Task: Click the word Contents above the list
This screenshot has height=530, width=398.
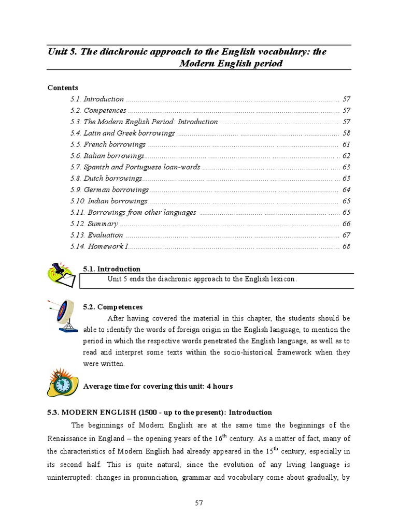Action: [x=63, y=87]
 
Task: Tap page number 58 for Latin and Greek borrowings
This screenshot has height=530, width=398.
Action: [x=346, y=133]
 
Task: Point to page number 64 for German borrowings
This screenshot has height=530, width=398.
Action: [x=346, y=190]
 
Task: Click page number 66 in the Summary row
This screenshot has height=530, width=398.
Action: [x=346, y=224]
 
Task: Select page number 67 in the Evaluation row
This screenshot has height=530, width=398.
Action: [x=346, y=235]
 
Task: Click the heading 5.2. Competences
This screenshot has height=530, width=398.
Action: [x=112, y=307]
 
